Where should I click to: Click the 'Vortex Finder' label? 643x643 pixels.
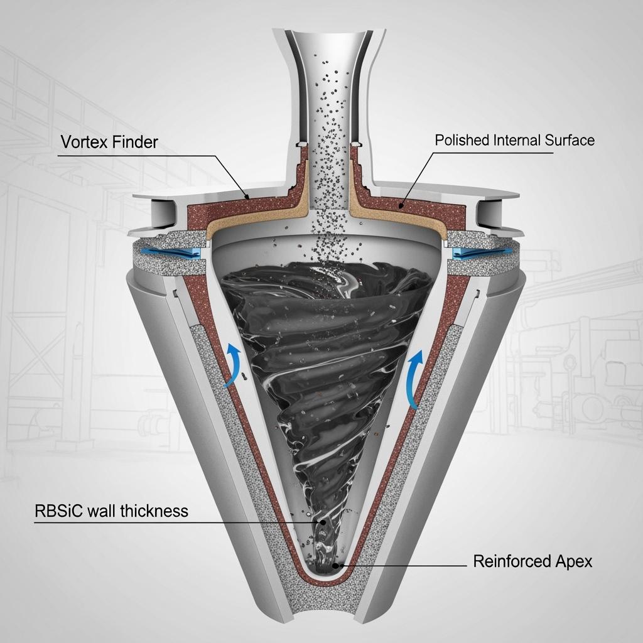pos(109,142)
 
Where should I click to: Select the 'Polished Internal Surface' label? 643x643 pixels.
pos(514,139)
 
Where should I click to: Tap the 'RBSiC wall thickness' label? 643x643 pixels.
pos(111,511)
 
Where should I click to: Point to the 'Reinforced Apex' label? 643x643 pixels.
pos(532,561)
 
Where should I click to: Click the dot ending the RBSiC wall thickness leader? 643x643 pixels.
pos(323,521)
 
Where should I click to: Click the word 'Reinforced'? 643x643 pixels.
pos(510,561)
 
